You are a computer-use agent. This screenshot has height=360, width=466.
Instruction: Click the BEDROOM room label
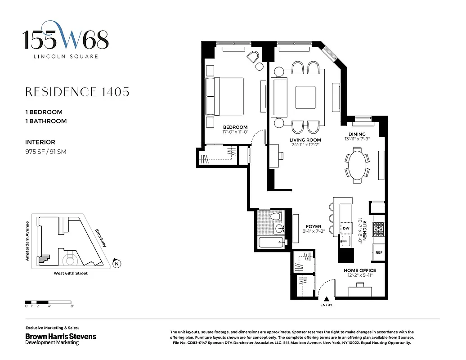(235, 127)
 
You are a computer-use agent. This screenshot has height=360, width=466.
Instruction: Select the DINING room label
(357, 134)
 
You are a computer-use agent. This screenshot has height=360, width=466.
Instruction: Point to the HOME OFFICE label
(359, 270)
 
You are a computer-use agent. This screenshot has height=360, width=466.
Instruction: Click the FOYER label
(313, 226)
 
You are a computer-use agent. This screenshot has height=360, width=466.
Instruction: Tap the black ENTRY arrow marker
(327, 299)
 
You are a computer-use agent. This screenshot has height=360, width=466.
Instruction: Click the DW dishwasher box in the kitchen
(345, 228)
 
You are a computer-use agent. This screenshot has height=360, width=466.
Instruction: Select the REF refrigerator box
(379, 253)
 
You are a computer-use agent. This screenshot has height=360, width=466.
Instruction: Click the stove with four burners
(379, 230)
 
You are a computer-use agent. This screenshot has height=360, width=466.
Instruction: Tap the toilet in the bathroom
(276, 217)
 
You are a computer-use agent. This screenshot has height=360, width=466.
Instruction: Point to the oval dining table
(357, 165)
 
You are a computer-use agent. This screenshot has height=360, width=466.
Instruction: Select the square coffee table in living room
(309, 97)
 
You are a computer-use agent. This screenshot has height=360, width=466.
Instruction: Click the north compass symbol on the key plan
(116, 264)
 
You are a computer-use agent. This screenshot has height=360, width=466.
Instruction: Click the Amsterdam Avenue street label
(27, 241)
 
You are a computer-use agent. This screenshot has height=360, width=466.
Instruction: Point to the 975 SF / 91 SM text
(46, 152)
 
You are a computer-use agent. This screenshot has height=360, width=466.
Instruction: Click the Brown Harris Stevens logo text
(60, 336)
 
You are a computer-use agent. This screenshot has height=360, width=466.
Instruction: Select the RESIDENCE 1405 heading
(77, 92)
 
